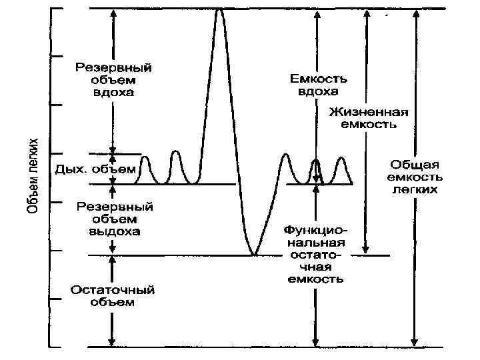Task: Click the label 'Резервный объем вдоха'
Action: [113, 80]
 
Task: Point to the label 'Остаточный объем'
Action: [113, 296]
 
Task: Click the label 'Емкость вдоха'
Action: [317, 84]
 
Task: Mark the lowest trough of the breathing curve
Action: [253, 253]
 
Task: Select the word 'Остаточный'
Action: [113, 290]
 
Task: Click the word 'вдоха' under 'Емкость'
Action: [317, 91]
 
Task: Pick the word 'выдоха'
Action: [114, 231]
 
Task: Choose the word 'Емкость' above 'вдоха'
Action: [317, 77]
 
